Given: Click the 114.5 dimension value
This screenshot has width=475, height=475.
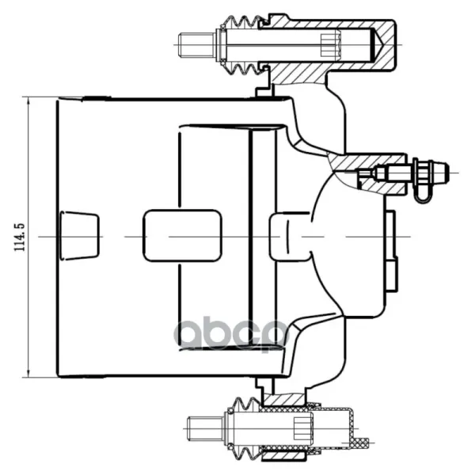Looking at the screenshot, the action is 19,237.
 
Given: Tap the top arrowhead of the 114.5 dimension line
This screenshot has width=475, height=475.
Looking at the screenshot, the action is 28,101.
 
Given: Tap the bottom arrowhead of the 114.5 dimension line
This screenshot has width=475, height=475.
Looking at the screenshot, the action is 28,373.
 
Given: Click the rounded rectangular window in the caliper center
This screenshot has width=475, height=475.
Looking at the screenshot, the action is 182,235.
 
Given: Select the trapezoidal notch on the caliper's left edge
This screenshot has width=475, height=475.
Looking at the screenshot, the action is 79,235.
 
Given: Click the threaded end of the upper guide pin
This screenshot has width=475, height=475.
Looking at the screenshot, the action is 196,45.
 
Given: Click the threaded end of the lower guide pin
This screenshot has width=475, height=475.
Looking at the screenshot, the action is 205,428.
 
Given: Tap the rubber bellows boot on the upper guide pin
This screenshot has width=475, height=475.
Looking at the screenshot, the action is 242,45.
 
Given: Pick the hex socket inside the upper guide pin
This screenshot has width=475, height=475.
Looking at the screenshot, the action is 331,45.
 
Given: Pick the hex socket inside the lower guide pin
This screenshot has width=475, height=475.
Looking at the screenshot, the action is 303,428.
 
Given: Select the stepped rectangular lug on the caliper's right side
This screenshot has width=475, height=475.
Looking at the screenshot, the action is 391,251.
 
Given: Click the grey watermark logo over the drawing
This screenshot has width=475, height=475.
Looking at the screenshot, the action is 231,334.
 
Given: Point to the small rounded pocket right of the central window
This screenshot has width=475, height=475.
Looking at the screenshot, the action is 289,236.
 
